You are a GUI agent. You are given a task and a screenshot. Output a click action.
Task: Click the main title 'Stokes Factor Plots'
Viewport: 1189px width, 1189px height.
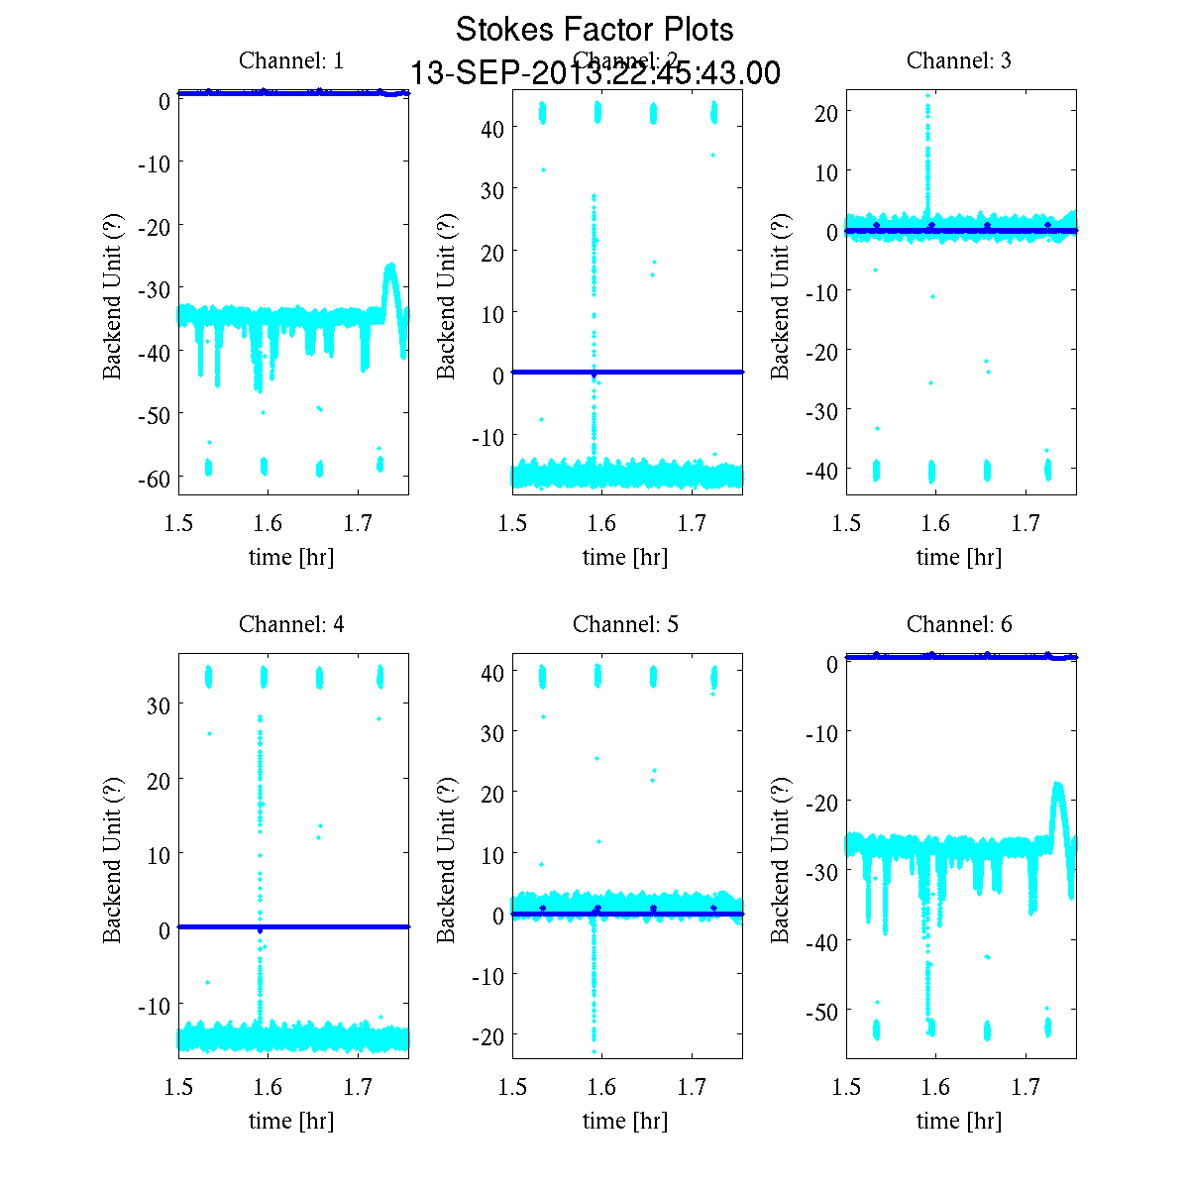click(594, 30)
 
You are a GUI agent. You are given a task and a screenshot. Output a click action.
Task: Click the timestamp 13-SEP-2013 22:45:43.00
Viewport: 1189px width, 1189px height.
click(594, 73)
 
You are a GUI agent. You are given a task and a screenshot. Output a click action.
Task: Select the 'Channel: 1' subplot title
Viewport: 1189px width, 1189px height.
click(291, 60)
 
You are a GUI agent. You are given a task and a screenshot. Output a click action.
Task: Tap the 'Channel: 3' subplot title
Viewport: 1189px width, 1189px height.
click(959, 60)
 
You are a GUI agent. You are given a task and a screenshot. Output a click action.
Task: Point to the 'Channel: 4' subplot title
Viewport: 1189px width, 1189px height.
click(291, 624)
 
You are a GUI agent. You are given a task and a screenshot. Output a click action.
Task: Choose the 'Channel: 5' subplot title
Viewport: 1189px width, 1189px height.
click(625, 624)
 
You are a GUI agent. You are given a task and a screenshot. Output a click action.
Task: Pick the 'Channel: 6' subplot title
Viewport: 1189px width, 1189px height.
click(959, 624)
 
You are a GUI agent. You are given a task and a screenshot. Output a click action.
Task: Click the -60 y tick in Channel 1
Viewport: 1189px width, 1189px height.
click(151, 479)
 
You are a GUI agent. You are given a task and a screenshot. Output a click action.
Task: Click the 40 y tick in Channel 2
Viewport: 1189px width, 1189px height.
click(492, 128)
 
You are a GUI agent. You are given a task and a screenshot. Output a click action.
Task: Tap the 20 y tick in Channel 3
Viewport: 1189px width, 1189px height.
click(826, 112)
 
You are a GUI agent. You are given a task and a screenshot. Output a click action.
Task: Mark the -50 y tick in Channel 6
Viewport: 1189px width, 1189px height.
click(818, 1011)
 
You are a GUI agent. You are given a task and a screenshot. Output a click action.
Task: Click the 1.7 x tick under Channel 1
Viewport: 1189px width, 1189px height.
click(358, 523)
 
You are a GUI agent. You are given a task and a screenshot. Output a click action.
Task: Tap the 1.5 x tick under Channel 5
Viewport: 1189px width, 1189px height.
click(512, 1087)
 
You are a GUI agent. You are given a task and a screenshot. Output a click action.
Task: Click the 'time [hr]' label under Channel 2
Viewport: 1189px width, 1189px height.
click(625, 557)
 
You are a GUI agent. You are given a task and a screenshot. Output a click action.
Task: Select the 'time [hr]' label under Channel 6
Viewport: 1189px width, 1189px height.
click(959, 1121)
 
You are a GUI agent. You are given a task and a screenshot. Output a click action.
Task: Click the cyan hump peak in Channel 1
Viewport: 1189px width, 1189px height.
click(391, 266)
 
